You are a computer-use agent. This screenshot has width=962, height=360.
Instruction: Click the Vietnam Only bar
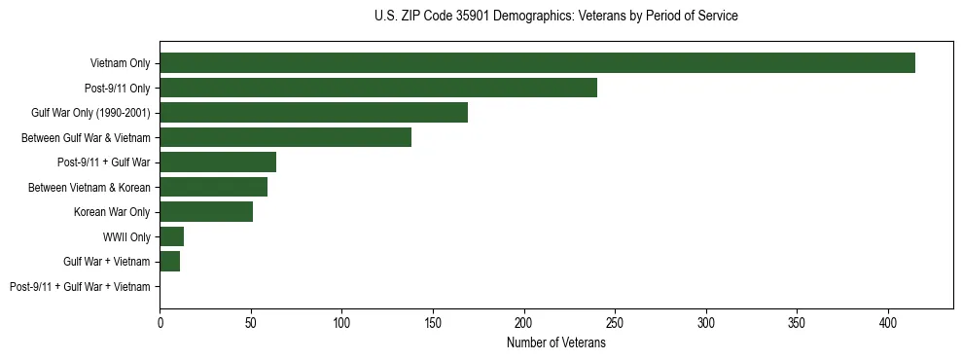click(x=537, y=63)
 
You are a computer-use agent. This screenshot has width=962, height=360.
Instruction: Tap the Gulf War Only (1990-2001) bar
click(x=313, y=113)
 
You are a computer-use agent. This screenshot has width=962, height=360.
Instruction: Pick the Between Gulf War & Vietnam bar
click(x=285, y=137)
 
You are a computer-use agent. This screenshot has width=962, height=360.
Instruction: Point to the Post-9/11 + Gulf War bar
click(x=218, y=162)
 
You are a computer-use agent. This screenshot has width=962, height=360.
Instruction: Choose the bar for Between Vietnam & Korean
click(x=213, y=187)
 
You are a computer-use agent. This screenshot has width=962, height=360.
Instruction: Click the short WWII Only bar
click(x=171, y=236)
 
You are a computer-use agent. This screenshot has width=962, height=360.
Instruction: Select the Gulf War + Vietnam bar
click(x=169, y=261)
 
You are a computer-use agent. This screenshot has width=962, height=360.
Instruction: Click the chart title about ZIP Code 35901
click(x=555, y=17)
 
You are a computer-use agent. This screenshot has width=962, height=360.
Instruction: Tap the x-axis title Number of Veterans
click(x=555, y=343)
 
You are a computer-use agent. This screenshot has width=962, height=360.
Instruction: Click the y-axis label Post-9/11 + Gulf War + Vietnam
click(x=80, y=286)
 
